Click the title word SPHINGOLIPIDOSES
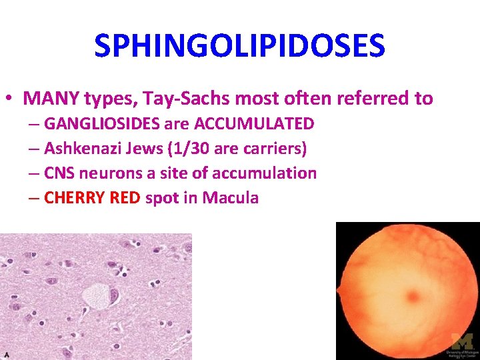239,46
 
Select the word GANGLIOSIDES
103,124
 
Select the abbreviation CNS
59,173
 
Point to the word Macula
231,198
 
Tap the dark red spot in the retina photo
411,296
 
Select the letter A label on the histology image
5,355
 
